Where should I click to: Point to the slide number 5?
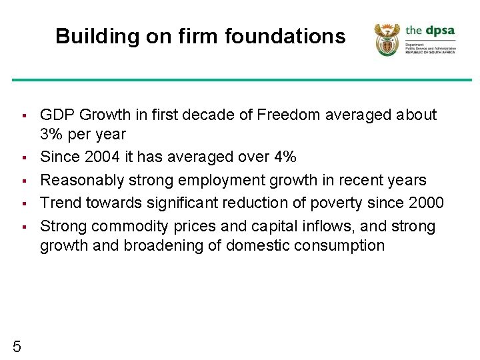[17, 345]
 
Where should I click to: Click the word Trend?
[60, 203]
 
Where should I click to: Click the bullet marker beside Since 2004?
[23, 158]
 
